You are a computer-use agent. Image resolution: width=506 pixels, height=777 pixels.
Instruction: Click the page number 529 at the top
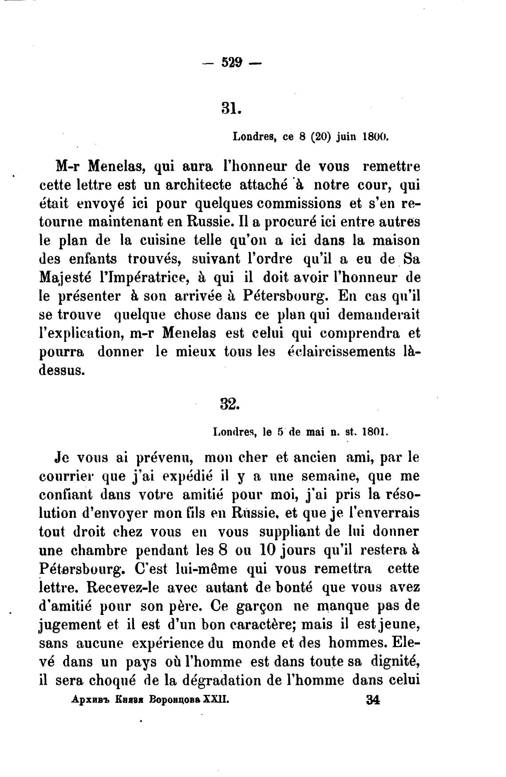tap(231, 63)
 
